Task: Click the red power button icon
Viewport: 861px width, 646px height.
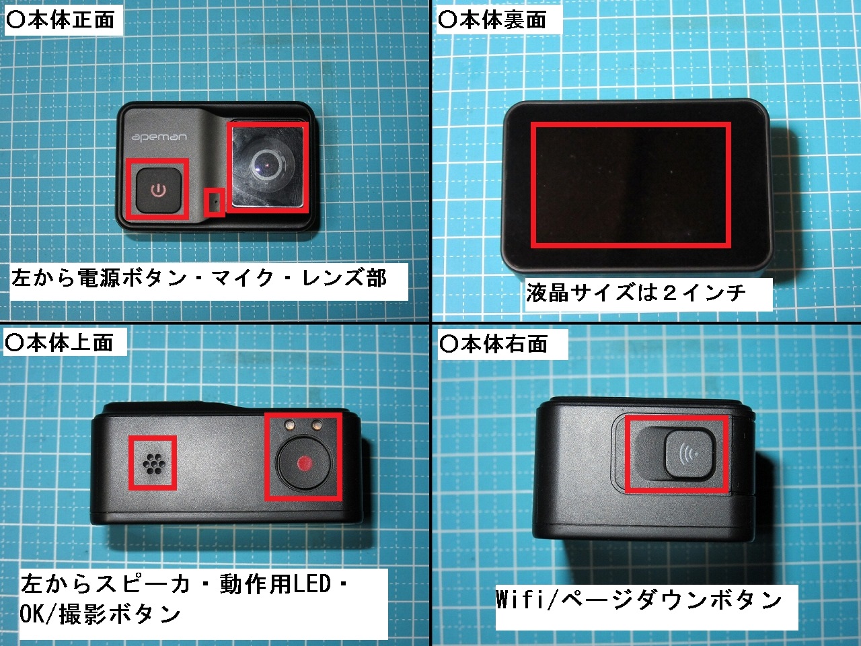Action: click(159, 190)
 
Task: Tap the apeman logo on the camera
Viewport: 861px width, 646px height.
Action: click(159, 137)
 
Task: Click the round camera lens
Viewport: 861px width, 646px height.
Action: click(268, 164)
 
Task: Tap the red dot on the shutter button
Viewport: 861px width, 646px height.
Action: click(305, 463)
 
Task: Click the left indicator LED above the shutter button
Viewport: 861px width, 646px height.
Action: click(291, 424)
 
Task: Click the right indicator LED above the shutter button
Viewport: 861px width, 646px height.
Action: click(317, 424)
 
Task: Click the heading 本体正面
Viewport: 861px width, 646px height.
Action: click(71, 20)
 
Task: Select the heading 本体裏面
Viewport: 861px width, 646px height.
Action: click(502, 20)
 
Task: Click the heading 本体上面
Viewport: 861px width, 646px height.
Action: click(70, 342)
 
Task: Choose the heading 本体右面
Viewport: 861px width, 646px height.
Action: click(504, 344)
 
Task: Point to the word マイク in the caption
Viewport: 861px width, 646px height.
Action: click(241, 279)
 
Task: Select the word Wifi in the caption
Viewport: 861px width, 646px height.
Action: click(520, 599)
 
